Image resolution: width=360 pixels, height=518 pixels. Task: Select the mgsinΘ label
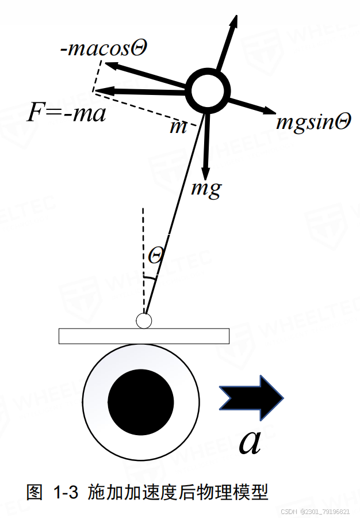point(313,121)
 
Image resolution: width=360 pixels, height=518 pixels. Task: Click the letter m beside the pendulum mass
point(178,127)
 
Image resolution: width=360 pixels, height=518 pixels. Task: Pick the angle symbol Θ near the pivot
point(155,255)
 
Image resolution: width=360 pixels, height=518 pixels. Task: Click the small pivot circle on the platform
point(143,321)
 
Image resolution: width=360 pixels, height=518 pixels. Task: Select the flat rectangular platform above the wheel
point(144,336)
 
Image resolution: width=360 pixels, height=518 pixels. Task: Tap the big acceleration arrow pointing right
point(252,397)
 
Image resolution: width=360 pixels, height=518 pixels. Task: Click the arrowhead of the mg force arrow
point(205,172)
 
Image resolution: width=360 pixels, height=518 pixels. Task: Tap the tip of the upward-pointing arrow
point(235,18)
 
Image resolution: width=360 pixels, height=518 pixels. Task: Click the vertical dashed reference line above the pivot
point(143,259)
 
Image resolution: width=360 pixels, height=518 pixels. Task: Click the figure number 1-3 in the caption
point(65,493)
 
